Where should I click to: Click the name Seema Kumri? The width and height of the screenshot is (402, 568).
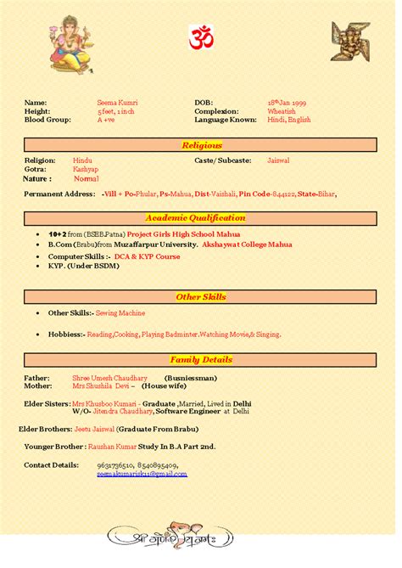pos(117,102)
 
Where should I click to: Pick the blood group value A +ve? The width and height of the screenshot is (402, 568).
pos(106,120)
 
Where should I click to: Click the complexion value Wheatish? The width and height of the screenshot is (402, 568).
pos(282,111)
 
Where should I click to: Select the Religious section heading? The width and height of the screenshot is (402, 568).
pos(201,145)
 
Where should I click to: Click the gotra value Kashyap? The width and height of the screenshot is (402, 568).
pos(86,169)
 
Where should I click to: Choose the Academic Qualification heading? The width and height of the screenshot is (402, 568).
pos(201,217)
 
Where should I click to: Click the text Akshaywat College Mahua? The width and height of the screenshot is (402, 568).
pos(244,244)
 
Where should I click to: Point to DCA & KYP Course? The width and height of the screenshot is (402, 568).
pos(148,256)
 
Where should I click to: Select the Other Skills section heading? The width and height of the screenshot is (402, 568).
pos(201,296)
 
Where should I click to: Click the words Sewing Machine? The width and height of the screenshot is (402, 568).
pos(120,312)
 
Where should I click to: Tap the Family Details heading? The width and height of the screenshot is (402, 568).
pos(201,359)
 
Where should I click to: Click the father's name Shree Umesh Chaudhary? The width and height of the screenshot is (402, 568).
pos(109,378)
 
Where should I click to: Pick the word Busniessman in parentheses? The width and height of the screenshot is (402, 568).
pos(191,378)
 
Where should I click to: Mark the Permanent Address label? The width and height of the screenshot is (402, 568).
pos(59,194)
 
